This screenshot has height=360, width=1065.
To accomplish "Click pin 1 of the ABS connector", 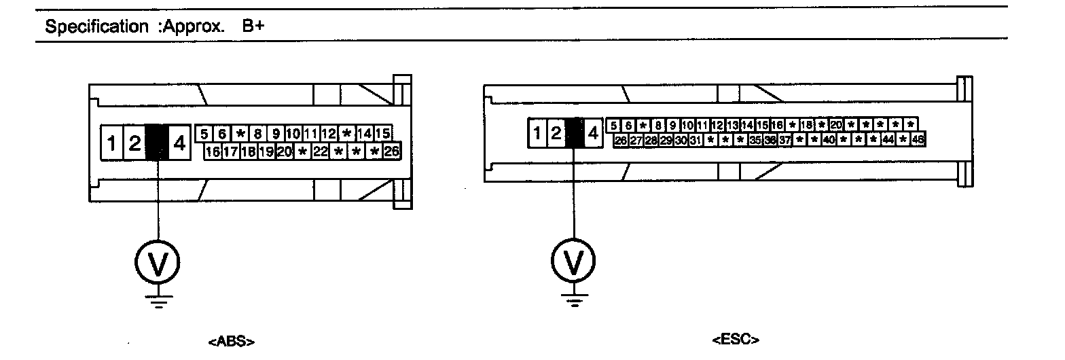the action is point(111,143).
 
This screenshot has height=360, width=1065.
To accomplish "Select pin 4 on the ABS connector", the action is point(179,143).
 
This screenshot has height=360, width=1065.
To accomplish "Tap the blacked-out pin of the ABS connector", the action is point(157,143).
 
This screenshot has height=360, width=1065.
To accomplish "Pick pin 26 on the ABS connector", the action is point(391,151).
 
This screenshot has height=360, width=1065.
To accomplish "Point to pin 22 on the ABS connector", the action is point(320,151).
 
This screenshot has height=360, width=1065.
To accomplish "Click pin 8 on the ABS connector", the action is point(257,134).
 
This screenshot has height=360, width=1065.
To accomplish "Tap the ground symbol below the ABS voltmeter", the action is point(158,300).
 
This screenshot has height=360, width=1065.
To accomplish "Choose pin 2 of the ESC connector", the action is point(556,133).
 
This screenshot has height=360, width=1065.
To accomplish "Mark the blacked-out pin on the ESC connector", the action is point(575,133).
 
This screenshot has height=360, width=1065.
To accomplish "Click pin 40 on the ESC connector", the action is point(829,140).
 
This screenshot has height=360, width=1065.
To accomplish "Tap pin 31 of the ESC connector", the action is point(695,140).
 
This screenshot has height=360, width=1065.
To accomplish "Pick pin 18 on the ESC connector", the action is point(806,125).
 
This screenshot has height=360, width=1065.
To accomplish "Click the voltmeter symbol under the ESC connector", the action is point(575,260).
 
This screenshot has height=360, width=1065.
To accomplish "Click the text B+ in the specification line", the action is point(252,26).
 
